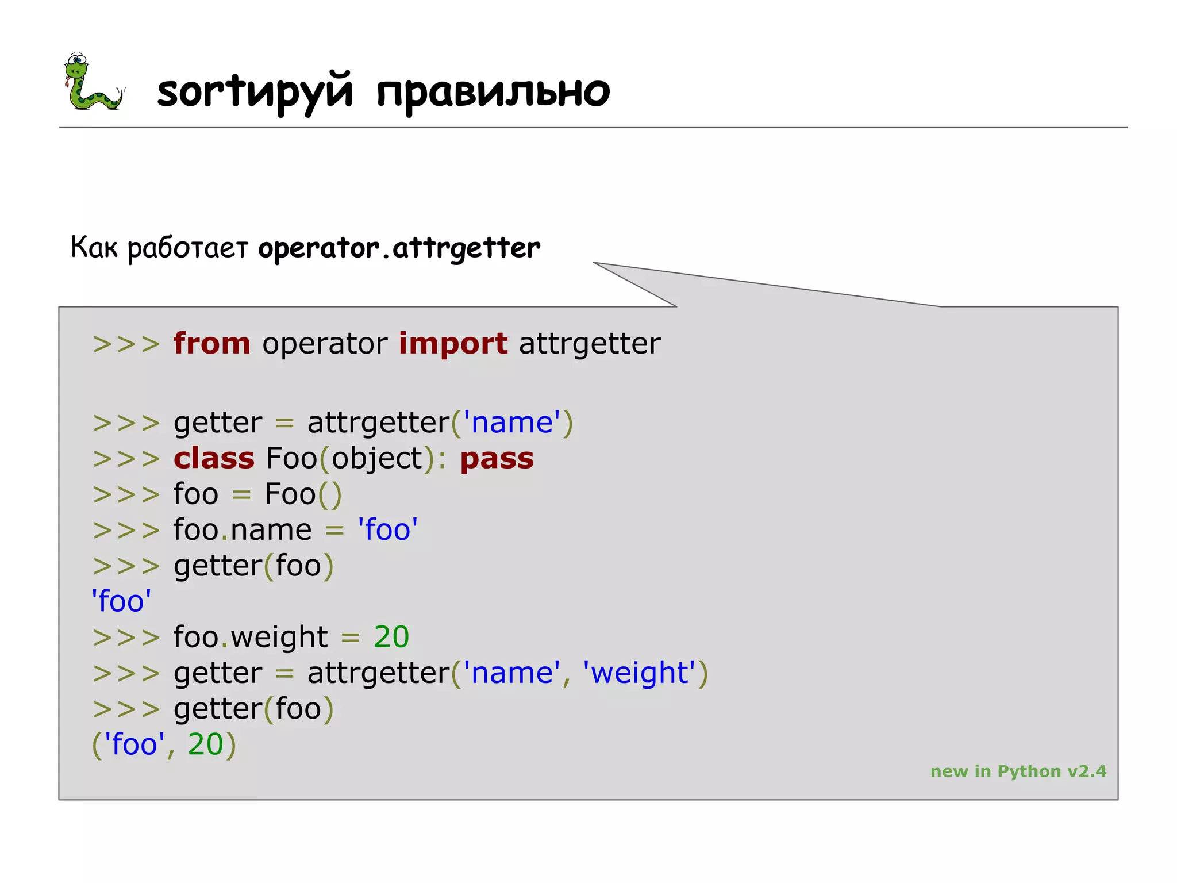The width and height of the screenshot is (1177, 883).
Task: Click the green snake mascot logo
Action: point(92,82)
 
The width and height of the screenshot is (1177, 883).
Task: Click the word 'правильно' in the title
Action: point(493,92)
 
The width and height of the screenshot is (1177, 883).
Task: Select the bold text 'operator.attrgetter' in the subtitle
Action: point(399,248)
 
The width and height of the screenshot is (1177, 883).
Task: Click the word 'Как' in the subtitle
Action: point(94,247)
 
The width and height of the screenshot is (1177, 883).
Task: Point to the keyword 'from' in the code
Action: point(212,344)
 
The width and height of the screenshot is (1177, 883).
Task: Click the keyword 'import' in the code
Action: point(453,344)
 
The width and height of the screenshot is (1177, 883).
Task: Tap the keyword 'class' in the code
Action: point(214,459)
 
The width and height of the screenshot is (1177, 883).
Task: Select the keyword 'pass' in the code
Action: point(497,459)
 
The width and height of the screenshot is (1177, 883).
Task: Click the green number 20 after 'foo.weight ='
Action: point(391,637)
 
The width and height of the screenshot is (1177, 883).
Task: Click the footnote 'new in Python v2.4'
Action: point(1018,771)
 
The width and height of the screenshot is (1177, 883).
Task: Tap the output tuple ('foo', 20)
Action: point(164,744)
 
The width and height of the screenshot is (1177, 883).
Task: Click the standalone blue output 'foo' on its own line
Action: point(121,601)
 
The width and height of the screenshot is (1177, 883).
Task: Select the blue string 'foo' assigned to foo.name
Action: point(387,529)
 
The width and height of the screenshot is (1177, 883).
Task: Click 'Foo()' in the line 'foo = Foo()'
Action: point(303,494)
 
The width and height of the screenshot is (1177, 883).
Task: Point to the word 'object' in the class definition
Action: point(377,459)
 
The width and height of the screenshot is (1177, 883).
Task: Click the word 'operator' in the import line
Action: point(325,344)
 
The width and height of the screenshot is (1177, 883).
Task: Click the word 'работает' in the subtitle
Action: point(187,248)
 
